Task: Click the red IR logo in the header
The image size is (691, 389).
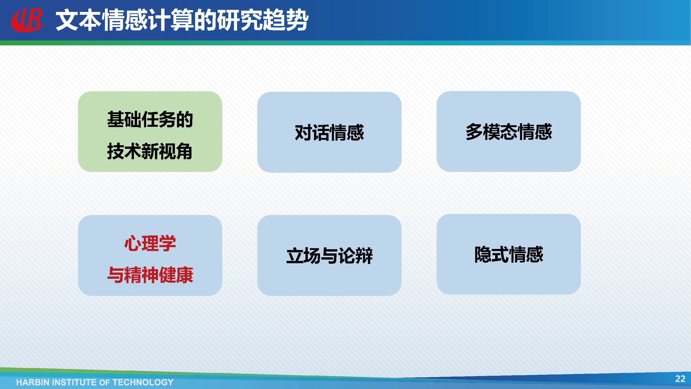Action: [28, 20]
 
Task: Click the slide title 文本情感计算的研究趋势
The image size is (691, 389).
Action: [182, 20]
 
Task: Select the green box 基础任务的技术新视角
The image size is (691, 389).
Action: [150, 131]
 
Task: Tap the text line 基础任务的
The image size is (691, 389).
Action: [150, 119]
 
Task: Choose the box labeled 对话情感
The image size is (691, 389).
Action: [329, 132]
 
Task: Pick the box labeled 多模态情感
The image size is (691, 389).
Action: [509, 131]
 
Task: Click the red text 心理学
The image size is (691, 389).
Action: [150, 243]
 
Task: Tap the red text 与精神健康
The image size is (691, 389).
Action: [150, 275]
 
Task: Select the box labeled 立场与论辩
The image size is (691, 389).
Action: [329, 255]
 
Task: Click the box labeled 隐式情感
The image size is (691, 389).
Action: [509, 254]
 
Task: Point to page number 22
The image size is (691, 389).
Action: [680, 379]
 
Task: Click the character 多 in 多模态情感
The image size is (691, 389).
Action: [474, 131]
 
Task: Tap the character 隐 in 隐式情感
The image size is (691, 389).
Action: [483, 254]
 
